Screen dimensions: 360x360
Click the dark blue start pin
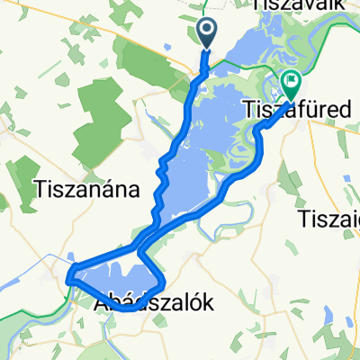[207, 33]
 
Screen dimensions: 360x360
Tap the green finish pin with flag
[291, 85]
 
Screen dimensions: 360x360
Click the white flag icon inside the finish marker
[291, 82]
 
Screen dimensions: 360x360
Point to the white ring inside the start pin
[207, 31]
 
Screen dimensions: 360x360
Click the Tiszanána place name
[86, 189]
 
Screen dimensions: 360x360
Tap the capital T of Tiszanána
[39, 189]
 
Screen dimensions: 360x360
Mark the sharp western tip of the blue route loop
[68, 281]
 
